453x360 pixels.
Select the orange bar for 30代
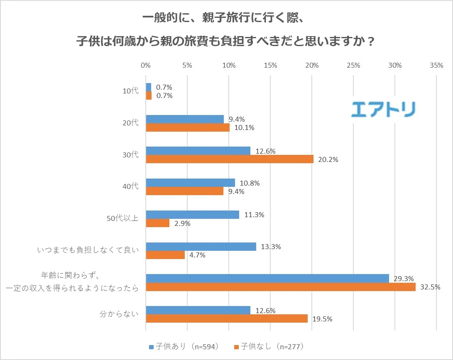point(230,159)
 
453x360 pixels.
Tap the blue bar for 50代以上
point(192,215)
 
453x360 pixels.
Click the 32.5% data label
point(430,287)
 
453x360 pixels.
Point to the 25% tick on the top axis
point(353,65)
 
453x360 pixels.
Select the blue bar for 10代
point(149,87)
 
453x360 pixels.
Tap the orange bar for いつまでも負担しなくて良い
point(165,255)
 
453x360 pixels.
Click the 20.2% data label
point(328,159)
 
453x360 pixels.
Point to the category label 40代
point(131,186)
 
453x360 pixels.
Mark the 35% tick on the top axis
point(436,65)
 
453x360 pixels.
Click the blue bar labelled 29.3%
point(267,278)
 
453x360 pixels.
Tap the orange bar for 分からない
point(227,318)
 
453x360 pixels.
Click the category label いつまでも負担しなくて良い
point(88,250)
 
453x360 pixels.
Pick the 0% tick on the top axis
point(146,65)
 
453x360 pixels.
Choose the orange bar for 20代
point(188,127)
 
